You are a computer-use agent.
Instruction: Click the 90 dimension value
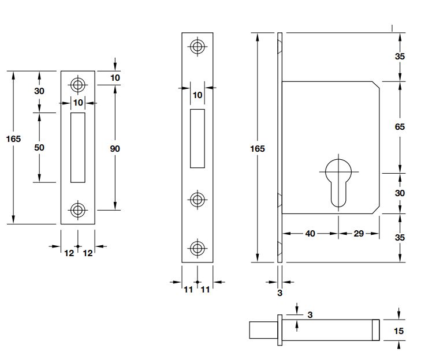pyautogui.click(x=114, y=148)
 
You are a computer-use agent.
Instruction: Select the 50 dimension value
pyautogui.click(x=39, y=147)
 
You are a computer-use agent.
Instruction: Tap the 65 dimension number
pyautogui.click(x=400, y=127)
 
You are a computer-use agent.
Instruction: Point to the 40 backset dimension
pyautogui.click(x=310, y=233)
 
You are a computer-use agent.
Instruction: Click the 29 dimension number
pyautogui.click(x=358, y=233)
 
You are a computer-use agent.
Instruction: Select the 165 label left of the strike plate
pyautogui.click(x=13, y=138)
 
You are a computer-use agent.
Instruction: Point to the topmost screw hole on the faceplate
pyautogui.click(x=198, y=47)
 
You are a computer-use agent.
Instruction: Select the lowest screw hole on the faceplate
pyautogui.click(x=198, y=249)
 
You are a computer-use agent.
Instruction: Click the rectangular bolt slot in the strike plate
pyautogui.click(x=78, y=147)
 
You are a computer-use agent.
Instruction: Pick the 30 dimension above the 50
pyautogui.click(x=39, y=91)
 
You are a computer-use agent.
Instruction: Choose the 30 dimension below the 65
pyautogui.click(x=400, y=193)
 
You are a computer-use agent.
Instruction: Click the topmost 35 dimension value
pyautogui.click(x=400, y=57)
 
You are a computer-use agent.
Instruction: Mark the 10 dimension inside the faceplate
pyautogui.click(x=198, y=95)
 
